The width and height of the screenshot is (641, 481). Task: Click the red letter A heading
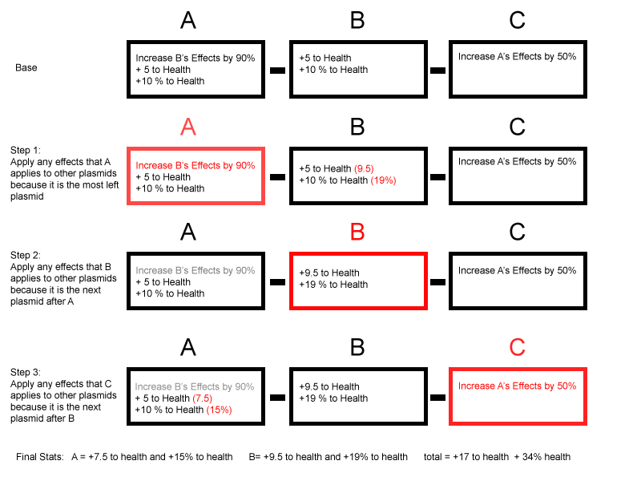(188, 127)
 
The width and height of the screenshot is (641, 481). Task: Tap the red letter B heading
(357, 232)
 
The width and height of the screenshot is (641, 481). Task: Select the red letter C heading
(517, 347)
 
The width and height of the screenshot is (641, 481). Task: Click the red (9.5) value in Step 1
(364, 168)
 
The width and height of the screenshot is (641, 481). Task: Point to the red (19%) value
(384, 180)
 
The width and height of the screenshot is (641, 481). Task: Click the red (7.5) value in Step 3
(202, 398)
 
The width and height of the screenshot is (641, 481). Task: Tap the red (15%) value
(219, 410)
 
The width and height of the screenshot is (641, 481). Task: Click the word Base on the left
(26, 67)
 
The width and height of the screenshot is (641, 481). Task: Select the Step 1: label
(26, 150)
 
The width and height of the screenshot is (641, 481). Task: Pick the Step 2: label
(26, 255)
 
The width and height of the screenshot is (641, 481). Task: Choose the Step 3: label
(26, 372)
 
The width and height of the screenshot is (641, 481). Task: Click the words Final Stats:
(40, 457)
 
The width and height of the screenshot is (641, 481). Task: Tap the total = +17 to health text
(466, 457)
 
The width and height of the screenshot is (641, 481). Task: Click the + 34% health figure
(542, 457)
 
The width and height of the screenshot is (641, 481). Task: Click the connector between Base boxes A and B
(277, 71)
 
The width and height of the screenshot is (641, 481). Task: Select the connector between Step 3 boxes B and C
(437, 398)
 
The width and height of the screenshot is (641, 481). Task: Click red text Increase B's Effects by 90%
(195, 165)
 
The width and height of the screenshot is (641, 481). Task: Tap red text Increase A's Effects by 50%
(517, 386)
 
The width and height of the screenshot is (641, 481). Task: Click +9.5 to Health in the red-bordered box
(329, 273)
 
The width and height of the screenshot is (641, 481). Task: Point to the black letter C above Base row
(517, 20)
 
